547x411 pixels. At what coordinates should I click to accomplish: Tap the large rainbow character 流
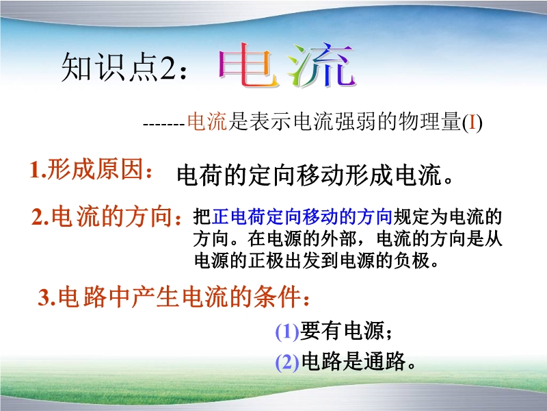click(321, 65)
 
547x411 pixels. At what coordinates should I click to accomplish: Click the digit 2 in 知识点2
click(168, 66)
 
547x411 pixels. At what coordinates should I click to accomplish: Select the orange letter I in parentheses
click(472, 123)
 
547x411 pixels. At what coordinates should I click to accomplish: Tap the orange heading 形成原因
click(95, 169)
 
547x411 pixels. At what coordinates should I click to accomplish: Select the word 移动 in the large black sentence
click(320, 175)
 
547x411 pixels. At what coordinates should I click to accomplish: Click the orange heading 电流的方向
click(111, 216)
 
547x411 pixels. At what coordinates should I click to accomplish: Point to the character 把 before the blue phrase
click(202, 216)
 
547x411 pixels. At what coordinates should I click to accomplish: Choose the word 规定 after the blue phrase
click(411, 216)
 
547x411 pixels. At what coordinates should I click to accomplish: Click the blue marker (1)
click(286, 332)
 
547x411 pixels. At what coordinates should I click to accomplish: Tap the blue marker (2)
click(286, 362)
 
